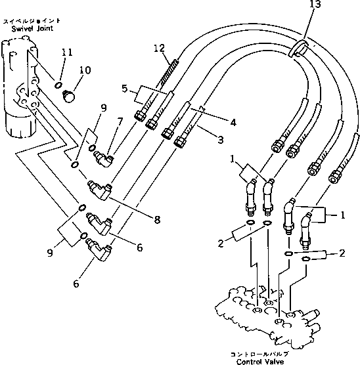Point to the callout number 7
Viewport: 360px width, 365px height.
point(120,122)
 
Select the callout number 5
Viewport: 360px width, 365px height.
point(124,87)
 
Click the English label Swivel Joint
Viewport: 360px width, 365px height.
point(23,29)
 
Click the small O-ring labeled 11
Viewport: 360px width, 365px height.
point(58,85)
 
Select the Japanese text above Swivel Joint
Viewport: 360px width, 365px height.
point(24,21)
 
